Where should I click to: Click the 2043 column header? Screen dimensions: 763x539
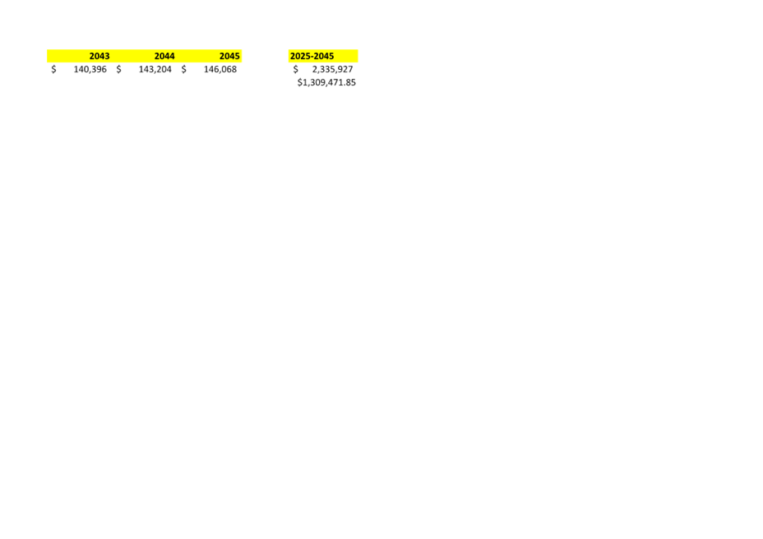pyautogui.click(x=99, y=56)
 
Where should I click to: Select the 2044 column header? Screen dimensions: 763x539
pyautogui.click(x=164, y=56)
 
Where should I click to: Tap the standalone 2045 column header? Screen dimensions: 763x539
pyautogui.click(x=229, y=56)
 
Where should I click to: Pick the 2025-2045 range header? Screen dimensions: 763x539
pyautogui.click(x=312, y=56)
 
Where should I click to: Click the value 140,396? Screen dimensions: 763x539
pyautogui.click(x=90, y=69)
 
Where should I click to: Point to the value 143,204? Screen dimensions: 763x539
pyautogui.click(x=155, y=69)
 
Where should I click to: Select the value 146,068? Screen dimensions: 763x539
pyautogui.click(x=220, y=69)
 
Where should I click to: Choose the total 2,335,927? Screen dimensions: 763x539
pyautogui.click(x=332, y=69)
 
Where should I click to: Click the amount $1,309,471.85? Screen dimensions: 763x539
pyautogui.click(x=326, y=82)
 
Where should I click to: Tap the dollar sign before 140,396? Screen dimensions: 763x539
pyautogui.click(x=53, y=69)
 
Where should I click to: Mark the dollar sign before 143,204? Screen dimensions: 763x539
pyautogui.click(x=118, y=69)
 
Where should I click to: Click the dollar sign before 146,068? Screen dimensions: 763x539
pyautogui.click(x=184, y=69)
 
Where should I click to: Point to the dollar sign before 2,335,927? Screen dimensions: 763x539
pyautogui.click(x=295, y=69)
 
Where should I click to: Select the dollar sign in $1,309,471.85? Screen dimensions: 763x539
pyautogui.click(x=300, y=82)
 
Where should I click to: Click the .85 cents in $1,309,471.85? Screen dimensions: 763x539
pyautogui.click(x=349, y=82)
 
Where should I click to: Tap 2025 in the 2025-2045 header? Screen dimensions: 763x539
pyautogui.click(x=299, y=56)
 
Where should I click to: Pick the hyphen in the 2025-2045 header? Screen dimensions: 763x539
pyautogui.click(x=311, y=57)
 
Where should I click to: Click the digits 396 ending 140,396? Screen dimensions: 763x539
pyautogui.click(x=99, y=69)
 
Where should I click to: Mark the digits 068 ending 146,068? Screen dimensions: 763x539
pyautogui.click(x=229, y=69)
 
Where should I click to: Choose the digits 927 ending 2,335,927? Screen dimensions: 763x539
pyautogui.click(x=345, y=69)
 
